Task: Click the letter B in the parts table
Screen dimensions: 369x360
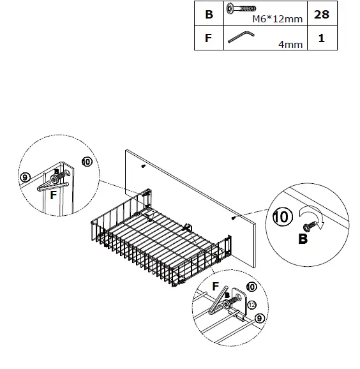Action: [209, 14]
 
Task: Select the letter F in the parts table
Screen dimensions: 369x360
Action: [208, 38]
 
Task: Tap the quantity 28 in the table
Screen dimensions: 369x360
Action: [321, 14]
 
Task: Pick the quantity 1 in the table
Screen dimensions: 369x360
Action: [321, 38]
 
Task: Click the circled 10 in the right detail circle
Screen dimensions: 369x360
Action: [284, 217]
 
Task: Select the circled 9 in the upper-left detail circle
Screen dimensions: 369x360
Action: [26, 177]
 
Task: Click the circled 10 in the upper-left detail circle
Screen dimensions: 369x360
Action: [87, 162]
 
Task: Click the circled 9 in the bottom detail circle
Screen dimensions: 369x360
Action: [259, 317]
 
